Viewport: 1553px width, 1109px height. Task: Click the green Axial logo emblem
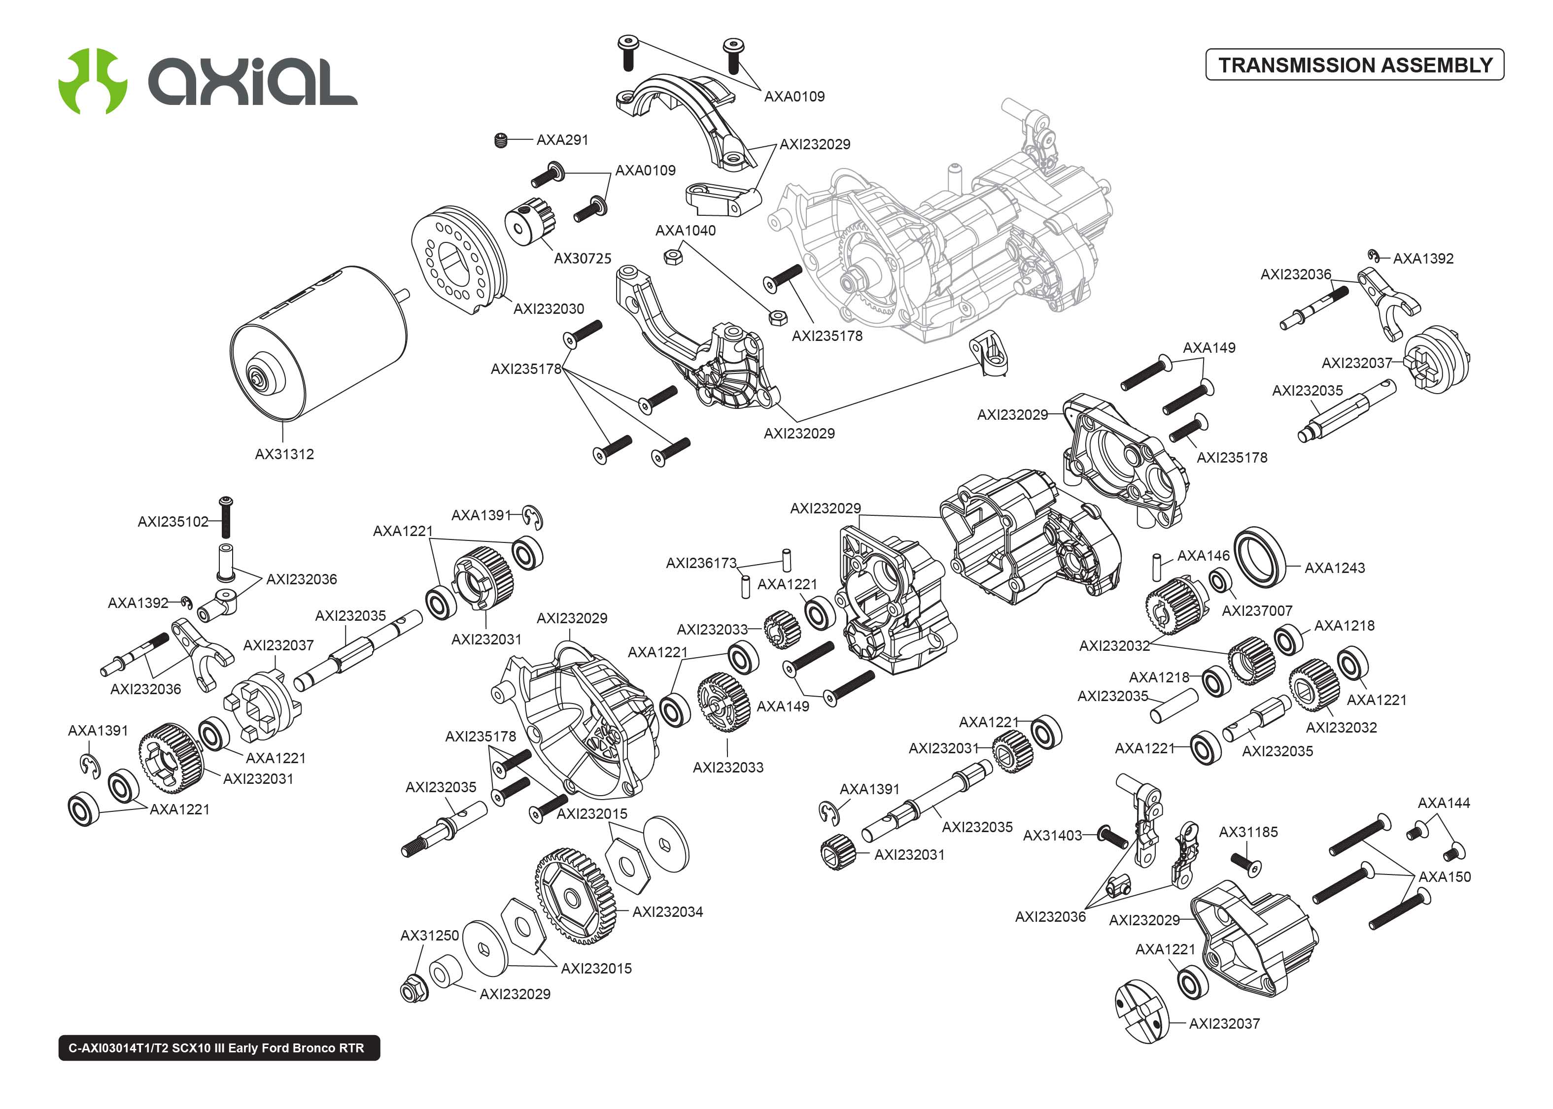pyautogui.click(x=92, y=81)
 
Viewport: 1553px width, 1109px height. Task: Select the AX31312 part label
pyautogui.click(x=284, y=454)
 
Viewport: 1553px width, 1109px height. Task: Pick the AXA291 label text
pyautogui.click(x=562, y=140)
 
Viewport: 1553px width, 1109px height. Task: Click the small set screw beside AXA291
pyautogui.click(x=501, y=141)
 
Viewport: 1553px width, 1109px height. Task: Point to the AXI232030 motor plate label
pyautogui.click(x=549, y=309)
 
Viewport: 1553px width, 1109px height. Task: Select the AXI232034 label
pyautogui.click(x=667, y=911)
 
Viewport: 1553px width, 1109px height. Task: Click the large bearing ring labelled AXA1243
pyautogui.click(x=1260, y=557)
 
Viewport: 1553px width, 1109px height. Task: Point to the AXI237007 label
pyautogui.click(x=1257, y=610)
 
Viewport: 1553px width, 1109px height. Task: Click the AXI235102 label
pyautogui.click(x=173, y=522)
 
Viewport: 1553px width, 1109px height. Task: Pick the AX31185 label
pyautogui.click(x=1248, y=832)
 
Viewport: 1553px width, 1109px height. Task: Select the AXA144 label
pyautogui.click(x=1443, y=803)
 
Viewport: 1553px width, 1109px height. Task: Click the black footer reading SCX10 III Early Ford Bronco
pyautogui.click(x=218, y=1047)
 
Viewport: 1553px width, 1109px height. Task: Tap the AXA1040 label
pyautogui.click(x=685, y=231)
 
